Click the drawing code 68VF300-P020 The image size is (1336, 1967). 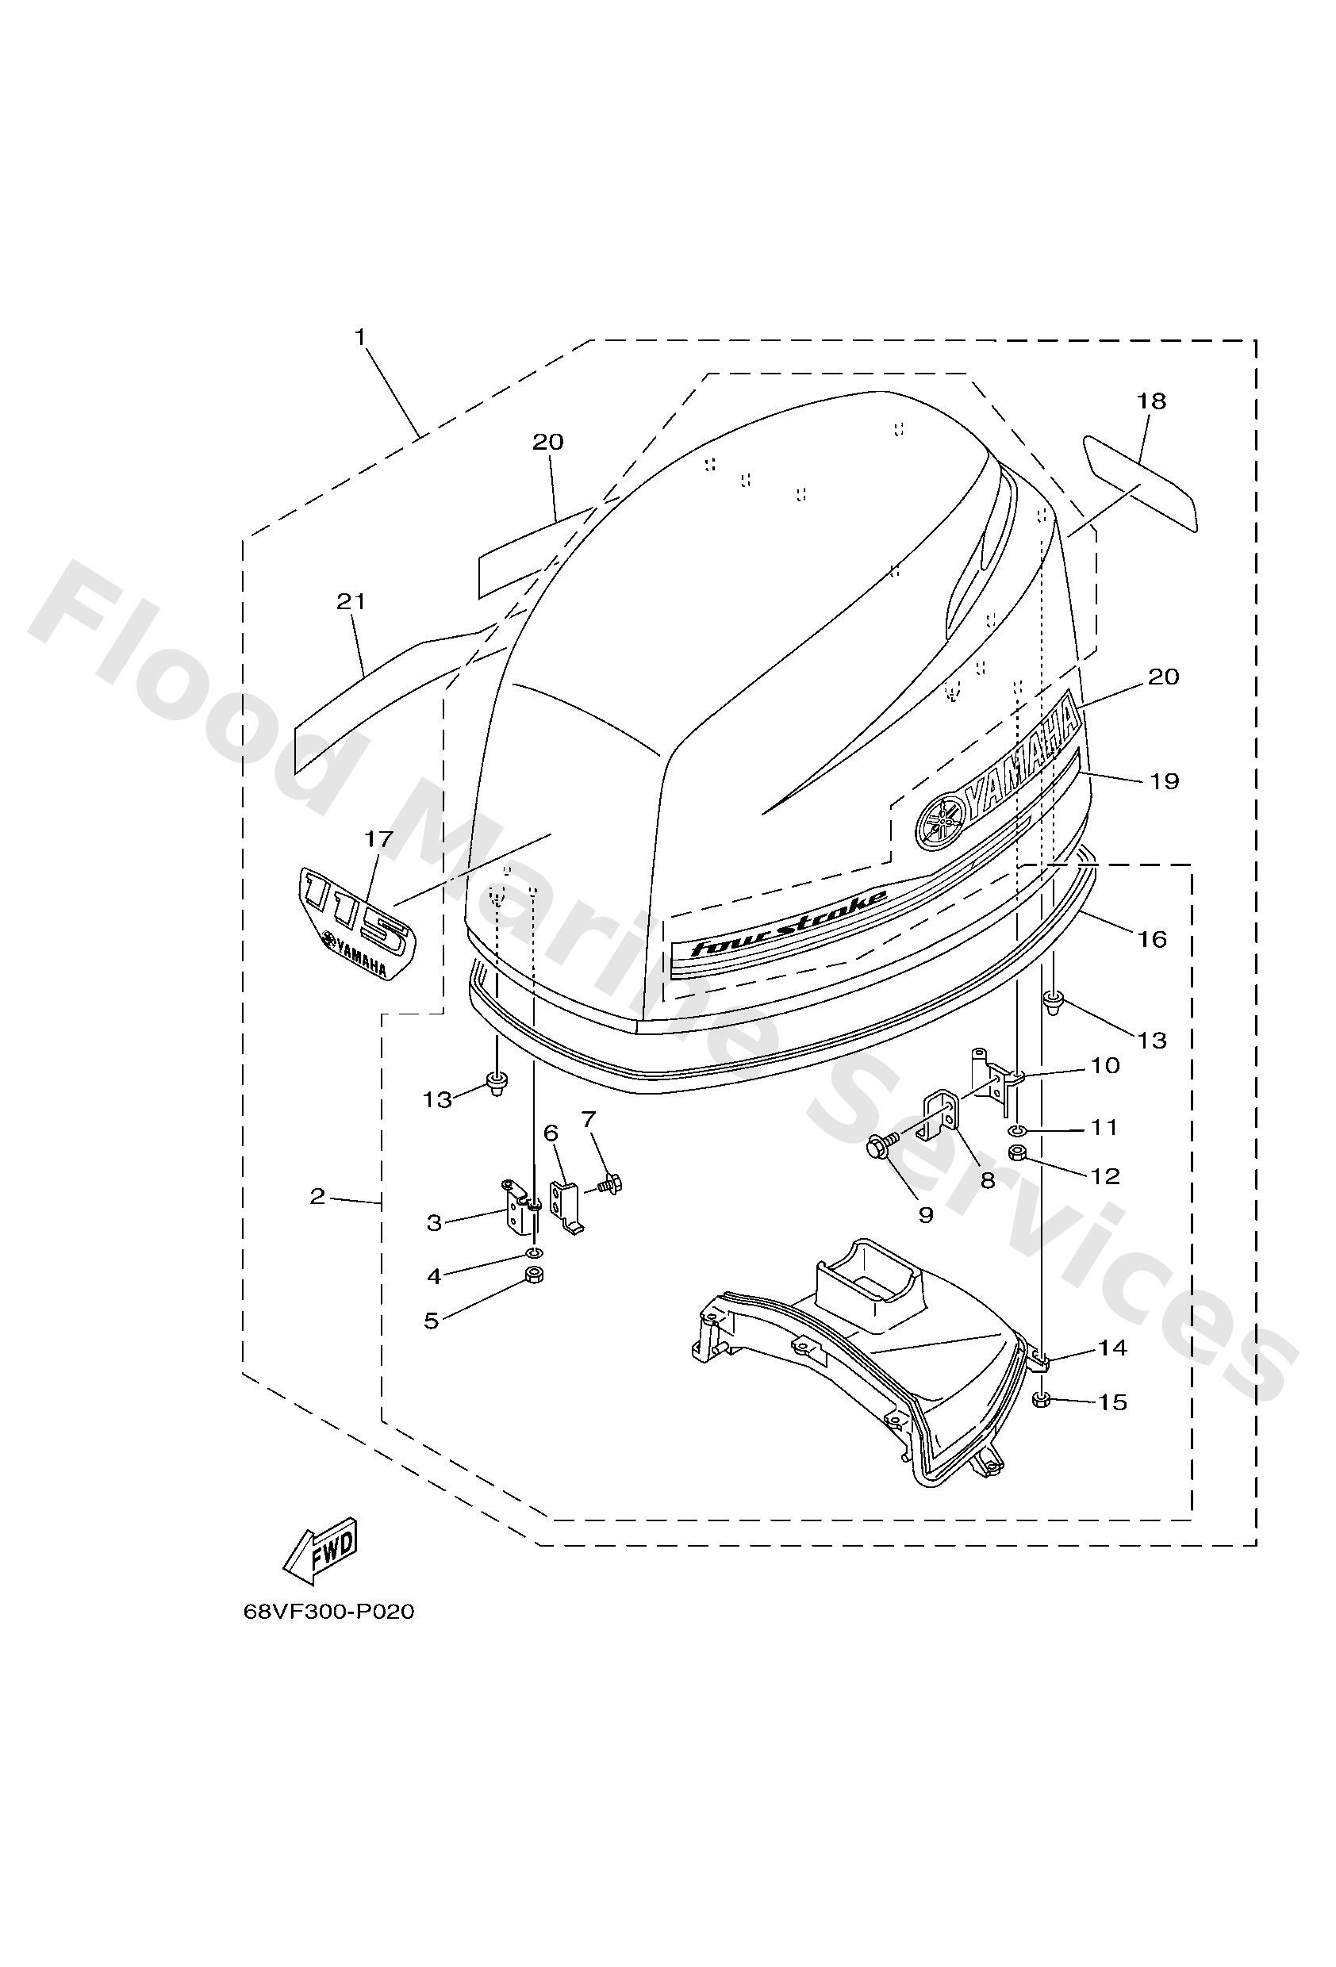pos(328,1635)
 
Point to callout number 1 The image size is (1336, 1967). pos(360,338)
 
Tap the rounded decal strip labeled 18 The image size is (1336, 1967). pos(1142,483)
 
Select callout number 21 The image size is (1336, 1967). pos(351,601)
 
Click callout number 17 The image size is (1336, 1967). pos(379,839)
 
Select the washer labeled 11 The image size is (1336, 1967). pos(1019,1131)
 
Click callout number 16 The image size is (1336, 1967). pos(1152,938)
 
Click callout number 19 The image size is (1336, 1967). pos(1164,780)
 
